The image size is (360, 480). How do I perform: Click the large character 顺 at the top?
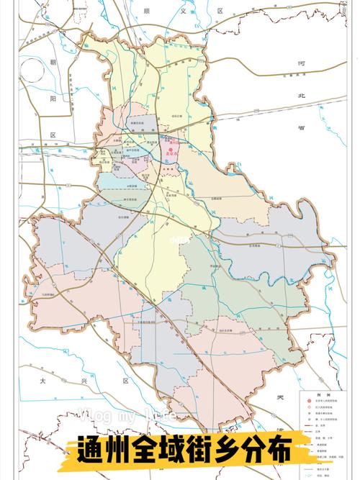147,11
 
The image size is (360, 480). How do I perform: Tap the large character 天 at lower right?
281,396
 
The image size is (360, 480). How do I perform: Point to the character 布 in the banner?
279,451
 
